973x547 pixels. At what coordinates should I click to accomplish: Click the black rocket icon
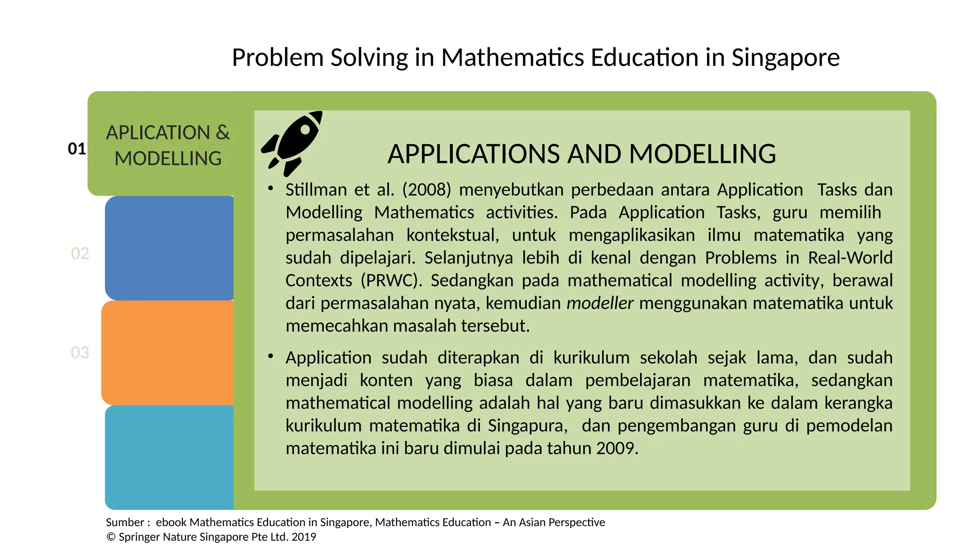pos(291,142)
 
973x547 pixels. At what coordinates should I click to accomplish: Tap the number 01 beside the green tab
pos(77,149)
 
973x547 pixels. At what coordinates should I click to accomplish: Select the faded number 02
pos(80,253)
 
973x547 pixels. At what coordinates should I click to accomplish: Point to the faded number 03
pos(80,352)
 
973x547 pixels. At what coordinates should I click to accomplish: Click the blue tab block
pos(169,248)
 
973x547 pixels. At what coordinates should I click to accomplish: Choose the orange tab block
pos(168,352)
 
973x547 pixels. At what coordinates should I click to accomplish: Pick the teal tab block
pos(169,457)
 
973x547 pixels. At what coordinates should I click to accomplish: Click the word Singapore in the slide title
pos(785,57)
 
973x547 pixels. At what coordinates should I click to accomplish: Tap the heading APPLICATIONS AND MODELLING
pos(582,154)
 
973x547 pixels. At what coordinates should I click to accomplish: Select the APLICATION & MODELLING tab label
pos(168,145)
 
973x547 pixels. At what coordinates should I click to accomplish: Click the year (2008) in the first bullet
pos(426,189)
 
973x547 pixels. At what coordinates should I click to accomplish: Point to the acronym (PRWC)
pos(391,280)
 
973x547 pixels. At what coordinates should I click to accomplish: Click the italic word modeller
pos(600,303)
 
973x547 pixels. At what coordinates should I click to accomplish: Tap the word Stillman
pos(316,189)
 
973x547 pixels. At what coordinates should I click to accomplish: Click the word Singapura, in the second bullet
pos(527,425)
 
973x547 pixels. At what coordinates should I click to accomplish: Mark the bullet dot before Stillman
pos(270,189)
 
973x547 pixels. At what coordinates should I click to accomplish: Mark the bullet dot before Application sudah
pos(270,356)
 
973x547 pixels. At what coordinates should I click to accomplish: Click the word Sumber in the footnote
pos(124,522)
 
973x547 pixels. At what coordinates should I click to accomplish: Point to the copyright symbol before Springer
pos(111,537)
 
